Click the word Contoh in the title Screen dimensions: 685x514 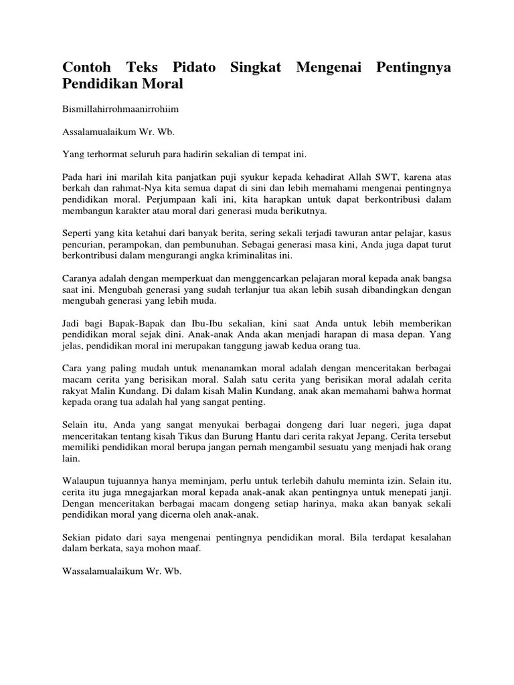tap(87, 68)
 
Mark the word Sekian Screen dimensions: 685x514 tap(78, 537)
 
